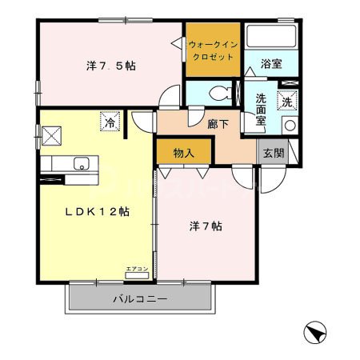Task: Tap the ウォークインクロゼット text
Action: [x=213, y=50]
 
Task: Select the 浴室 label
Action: [x=271, y=64]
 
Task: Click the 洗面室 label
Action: [x=261, y=110]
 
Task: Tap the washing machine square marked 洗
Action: [x=286, y=102]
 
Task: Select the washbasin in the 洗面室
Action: [x=289, y=126]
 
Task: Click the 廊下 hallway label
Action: [x=218, y=124]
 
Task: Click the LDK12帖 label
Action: [x=97, y=212]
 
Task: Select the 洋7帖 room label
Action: [x=206, y=226]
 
